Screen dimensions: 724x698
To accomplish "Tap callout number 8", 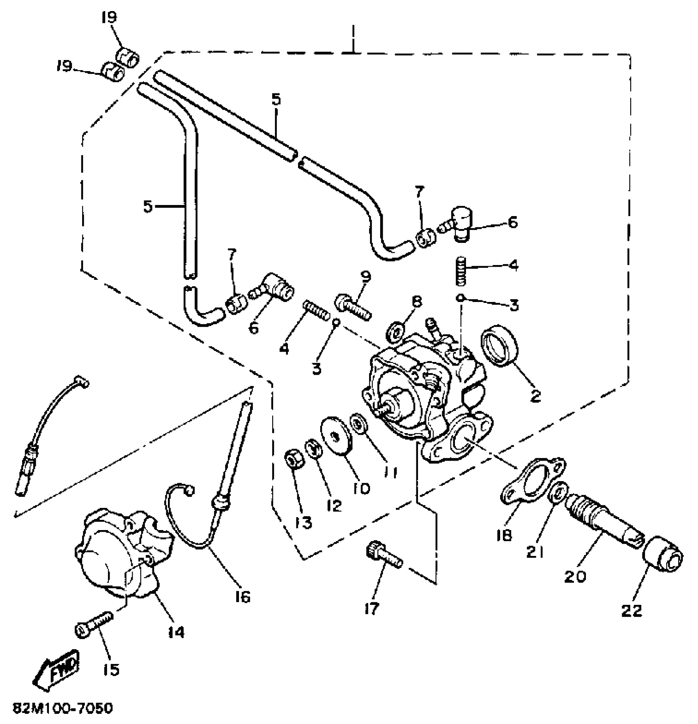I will click(x=416, y=302).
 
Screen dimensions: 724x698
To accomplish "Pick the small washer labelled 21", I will click(x=559, y=492).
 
